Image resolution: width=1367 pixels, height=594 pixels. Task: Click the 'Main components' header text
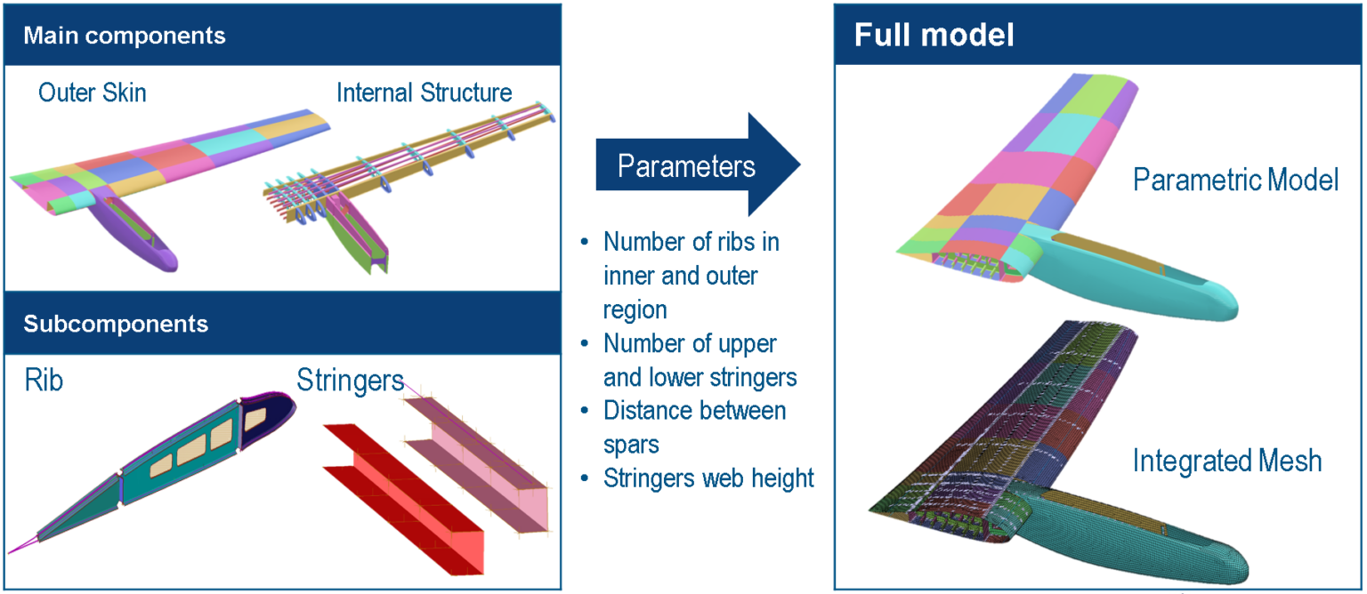pos(124,36)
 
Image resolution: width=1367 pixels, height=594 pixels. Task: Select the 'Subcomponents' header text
pos(116,323)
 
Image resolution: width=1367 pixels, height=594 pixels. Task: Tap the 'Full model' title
pos(934,36)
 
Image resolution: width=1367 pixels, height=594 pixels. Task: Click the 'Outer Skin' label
pos(92,92)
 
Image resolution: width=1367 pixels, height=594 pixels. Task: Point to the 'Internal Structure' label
pos(424,92)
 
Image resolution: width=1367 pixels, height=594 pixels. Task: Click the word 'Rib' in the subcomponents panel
pos(44,381)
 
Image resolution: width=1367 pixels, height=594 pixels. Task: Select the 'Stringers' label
pos(350,381)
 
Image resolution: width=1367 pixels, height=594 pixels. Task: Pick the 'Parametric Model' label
pos(1235,181)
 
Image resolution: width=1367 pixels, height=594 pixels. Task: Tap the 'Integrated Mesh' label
pos(1226,462)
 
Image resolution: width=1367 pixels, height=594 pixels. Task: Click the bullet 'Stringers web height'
pos(708,478)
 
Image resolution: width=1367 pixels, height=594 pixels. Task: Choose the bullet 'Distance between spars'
pos(694,427)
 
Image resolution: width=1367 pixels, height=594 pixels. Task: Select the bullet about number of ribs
pos(692,275)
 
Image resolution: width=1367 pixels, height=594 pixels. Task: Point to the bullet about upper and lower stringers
pos(700,360)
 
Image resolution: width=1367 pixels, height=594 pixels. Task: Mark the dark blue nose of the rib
pos(272,409)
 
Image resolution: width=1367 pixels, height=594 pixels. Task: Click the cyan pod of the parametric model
pos(1148,276)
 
